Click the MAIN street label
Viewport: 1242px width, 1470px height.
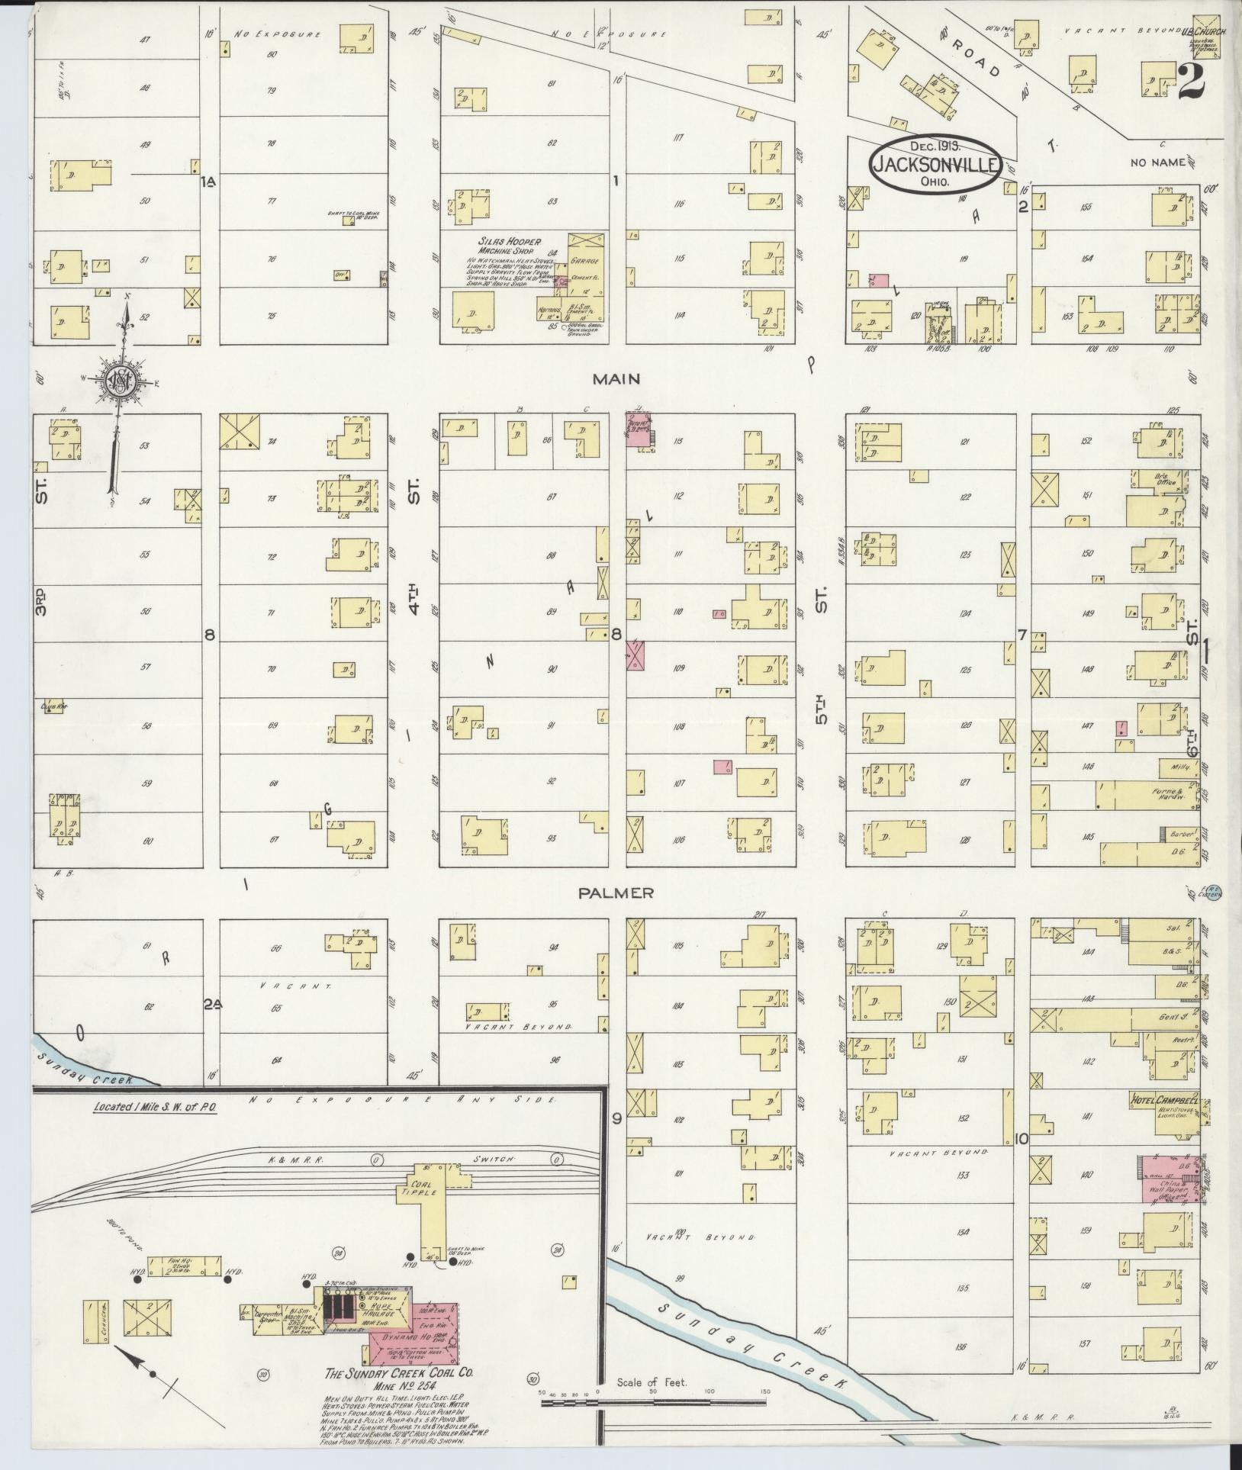coord(618,379)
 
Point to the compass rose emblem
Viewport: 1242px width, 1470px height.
coord(121,381)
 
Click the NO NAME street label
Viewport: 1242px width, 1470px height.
coord(1158,162)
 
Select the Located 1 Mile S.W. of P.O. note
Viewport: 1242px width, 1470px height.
coord(156,1108)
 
